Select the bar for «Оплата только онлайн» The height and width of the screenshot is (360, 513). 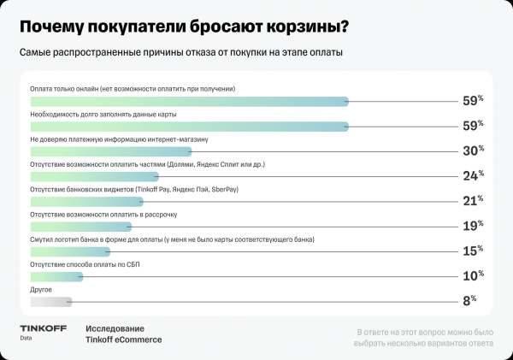click(x=189, y=101)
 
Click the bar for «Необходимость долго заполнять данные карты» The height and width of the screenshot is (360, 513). click(x=189, y=126)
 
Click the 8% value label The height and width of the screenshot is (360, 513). click(x=469, y=301)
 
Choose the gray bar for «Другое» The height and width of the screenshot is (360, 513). click(x=50, y=302)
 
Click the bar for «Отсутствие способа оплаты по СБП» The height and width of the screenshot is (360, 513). click(x=56, y=277)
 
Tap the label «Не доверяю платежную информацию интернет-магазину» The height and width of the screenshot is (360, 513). click(x=119, y=139)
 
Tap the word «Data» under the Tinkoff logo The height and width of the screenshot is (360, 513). click(x=27, y=339)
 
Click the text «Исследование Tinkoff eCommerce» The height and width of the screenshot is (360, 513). click(x=123, y=334)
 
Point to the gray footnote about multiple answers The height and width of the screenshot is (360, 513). click(x=425, y=337)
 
